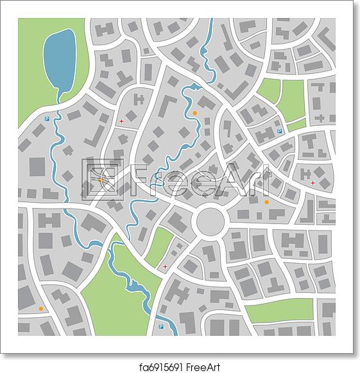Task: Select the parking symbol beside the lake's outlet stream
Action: [47, 118]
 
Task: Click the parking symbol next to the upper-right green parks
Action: [279, 131]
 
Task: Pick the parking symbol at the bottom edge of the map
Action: [160, 327]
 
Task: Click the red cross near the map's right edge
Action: [313, 183]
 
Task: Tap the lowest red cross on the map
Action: [166, 266]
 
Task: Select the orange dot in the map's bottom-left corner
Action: [41, 308]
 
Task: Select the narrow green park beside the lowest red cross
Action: [159, 247]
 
